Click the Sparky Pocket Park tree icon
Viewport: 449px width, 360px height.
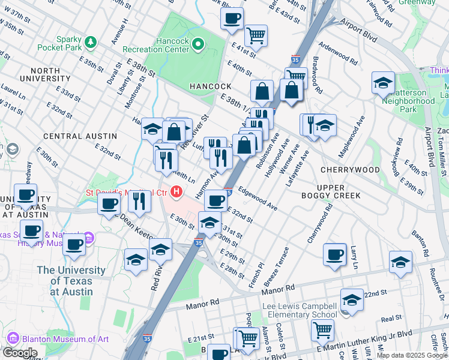click(x=91, y=42)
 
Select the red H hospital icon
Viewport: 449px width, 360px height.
click(x=176, y=193)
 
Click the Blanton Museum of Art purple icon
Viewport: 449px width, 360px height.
click(x=13, y=339)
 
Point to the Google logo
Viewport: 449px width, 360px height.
click(x=20, y=353)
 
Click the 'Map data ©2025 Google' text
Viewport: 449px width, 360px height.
click(x=412, y=355)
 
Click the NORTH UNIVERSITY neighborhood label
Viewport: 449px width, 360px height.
click(x=44, y=74)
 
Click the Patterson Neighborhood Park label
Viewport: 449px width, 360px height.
click(x=408, y=101)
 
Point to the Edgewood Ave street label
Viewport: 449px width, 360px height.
click(x=258, y=198)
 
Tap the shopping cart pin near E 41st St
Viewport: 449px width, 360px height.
click(x=256, y=35)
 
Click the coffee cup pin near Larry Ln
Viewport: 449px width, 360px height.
click(x=334, y=254)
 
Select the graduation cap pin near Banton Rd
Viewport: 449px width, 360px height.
click(x=400, y=262)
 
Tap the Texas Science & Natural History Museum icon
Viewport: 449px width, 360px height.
click(x=88, y=238)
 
